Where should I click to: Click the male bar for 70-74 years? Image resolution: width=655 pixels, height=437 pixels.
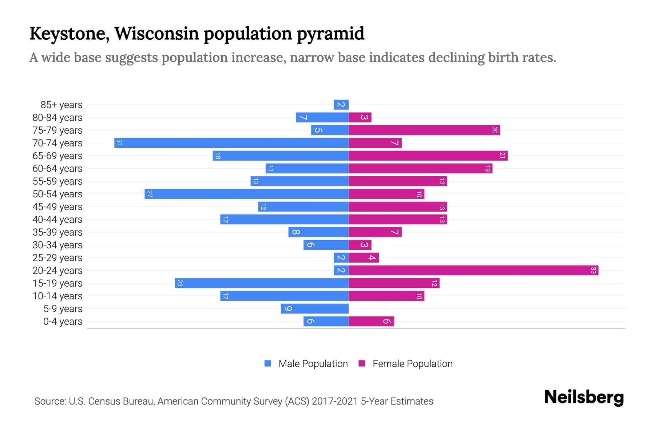pos(231,143)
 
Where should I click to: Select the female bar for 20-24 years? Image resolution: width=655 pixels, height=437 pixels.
pos(473,270)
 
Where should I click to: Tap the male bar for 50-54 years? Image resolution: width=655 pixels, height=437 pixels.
pos(247,194)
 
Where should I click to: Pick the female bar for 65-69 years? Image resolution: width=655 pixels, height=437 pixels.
pos(428,155)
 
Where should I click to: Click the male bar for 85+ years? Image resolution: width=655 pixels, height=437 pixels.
pos(341,105)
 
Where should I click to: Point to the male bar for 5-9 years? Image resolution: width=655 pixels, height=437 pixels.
pos(314,308)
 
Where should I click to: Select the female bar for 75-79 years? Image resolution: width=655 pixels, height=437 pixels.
pos(424,130)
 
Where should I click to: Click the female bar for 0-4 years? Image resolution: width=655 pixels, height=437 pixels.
pos(371,321)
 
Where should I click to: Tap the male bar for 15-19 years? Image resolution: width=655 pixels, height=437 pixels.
pos(262,283)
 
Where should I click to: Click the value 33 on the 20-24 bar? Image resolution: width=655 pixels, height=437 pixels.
pos(593,270)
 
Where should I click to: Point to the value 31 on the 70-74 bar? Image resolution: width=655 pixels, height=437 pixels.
pos(119,143)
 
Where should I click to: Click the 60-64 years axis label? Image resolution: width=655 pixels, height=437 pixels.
pos(57,169)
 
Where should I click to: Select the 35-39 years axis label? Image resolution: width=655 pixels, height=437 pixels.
pos(57,232)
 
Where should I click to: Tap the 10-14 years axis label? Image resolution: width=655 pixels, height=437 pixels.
pos(57,296)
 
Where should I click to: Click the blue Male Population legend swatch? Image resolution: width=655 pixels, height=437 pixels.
pos(268,363)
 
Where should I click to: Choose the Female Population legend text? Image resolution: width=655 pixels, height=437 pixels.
pos(412,364)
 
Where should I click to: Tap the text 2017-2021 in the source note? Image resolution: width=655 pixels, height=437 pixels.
pos(334,401)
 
